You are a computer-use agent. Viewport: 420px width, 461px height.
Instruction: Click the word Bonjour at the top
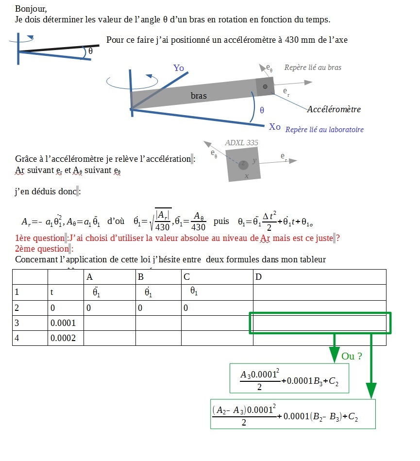31,9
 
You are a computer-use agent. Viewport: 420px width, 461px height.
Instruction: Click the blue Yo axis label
179,68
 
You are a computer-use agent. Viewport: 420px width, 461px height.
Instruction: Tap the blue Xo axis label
275,127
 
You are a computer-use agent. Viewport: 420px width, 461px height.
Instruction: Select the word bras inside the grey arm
199,96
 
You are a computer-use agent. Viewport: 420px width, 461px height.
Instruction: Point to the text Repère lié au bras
313,68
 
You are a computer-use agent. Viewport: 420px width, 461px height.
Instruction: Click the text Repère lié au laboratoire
324,130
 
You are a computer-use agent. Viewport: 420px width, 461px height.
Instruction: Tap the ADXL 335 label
242,143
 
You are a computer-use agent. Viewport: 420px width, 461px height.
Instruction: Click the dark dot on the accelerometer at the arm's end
265,86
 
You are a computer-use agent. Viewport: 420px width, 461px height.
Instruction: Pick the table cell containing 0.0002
63,338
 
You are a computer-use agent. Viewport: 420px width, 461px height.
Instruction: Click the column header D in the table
258,277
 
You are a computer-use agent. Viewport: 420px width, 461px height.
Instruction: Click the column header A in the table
89,277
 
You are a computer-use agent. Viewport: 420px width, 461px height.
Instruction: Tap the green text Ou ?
352,356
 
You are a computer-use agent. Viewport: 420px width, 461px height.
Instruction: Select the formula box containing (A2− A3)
293,414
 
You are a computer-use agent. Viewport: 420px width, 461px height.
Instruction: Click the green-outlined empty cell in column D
319,323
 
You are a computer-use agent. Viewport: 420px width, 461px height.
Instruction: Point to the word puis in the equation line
221,222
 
